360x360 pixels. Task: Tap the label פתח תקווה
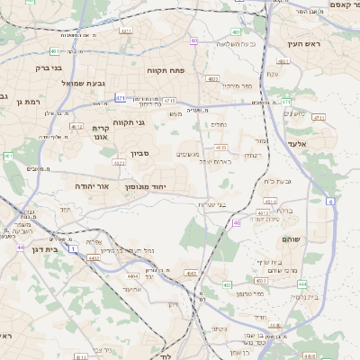pyautogui.click(x=166, y=68)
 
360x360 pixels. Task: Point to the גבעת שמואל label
pyautogui.click(x=59, y=84)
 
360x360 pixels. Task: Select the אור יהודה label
pyautogui.click(x=91, y=185)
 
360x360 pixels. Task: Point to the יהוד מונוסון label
pyautogui.click(x=145, y=185)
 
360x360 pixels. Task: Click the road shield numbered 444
pyautogui.click(x=302, y=283)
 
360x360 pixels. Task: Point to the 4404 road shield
pyautogui.click(x=134, y=276)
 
